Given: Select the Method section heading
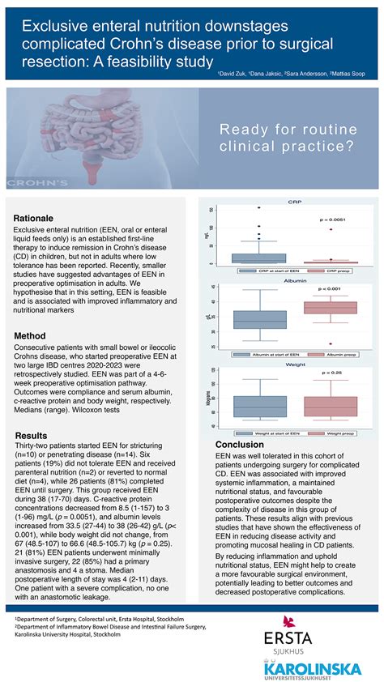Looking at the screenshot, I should click(x=32, y=335).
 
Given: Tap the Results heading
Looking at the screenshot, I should click(x=32, y=435).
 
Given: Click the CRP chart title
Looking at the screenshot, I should click(x=295, y=202).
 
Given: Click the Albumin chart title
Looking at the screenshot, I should click(x=295, y=279).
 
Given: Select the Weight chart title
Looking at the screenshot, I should click(x=295, y=365).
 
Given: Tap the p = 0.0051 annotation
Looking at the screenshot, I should click(x=331, y=220).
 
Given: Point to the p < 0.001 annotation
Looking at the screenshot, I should click(x=331, y=289).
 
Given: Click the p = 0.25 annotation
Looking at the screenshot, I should click(x=331, y=373).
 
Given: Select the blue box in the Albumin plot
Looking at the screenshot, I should click(x=259, y=319).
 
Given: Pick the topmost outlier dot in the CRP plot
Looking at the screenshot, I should click(x=259, y=208).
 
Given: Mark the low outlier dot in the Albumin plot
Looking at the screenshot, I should click(x=331, y=343).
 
